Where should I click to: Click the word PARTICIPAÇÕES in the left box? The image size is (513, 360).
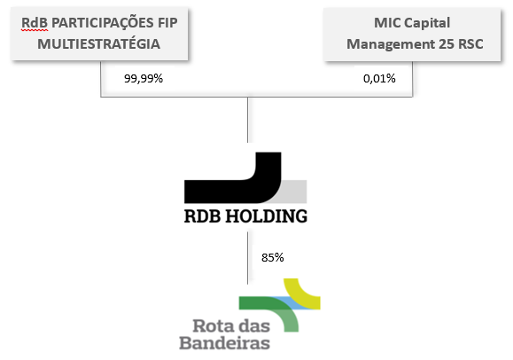click(x=103, y=23)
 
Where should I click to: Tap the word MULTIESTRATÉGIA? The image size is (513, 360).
click(x=99, y=44)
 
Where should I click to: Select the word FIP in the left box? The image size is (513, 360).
click(x=167, y=23)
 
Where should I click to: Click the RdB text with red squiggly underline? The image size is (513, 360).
click(x=35, y=23)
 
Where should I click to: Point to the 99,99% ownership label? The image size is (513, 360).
click(x=144, y=79)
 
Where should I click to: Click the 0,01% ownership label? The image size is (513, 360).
click(x=379, y=79)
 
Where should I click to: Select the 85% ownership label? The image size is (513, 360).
click(x=273, y=258)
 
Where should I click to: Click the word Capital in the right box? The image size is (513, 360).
click(x=427, y=23)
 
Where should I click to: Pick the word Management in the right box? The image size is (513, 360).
click(x=391, y=44)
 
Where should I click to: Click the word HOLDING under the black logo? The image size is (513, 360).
click(x=267, y=216)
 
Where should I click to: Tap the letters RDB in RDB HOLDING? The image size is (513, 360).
click(x=203, y=216)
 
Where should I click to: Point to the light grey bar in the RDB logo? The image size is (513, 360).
click(x=294, y=192)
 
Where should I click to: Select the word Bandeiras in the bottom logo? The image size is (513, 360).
click(x=225, y=343)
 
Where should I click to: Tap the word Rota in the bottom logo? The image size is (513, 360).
click(x=214, y=326)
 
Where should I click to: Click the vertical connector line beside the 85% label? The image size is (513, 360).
click(x=248, y=258)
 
